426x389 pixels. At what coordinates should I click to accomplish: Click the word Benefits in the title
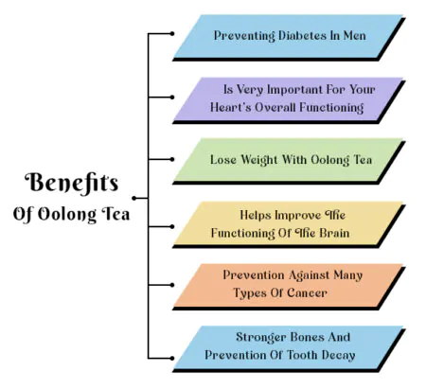click(71, 183)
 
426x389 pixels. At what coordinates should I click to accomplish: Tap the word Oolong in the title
click(67, 215)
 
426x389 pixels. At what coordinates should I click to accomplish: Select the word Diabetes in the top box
click(302, 35)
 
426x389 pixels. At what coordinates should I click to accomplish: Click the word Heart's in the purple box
click(231, 107)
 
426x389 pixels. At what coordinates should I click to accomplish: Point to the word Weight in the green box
click(259, 160)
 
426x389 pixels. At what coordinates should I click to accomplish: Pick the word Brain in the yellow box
click(334, 233)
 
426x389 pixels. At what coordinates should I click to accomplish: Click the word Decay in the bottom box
click(339, 355)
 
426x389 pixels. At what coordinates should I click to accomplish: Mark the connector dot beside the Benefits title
click(134, 198)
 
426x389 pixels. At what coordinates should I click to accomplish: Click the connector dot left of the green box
click(172, 160)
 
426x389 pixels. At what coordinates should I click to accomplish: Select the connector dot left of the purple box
click(172, 97)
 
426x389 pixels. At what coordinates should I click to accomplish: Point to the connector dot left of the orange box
click(172, 285)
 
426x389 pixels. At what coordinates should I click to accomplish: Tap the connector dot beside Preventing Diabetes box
click(172, 33)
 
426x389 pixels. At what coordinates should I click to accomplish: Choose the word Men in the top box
click(355, 35)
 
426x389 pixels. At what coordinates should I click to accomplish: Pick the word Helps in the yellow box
click(256, 215)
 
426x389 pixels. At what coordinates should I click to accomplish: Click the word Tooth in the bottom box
click(303, 355)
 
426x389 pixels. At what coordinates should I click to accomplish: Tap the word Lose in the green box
click(223, 160)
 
